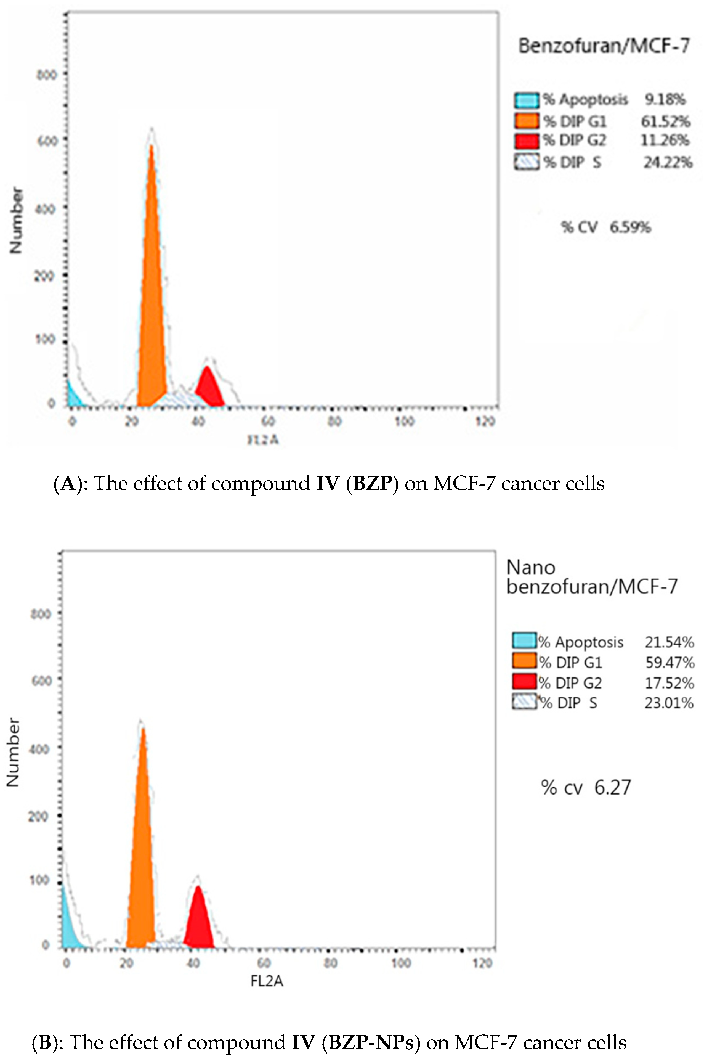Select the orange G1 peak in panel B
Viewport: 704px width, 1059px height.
pyautogui.click(x=141, y=853)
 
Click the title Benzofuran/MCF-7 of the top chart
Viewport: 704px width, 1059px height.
pyautogui.click(x=604, y=46)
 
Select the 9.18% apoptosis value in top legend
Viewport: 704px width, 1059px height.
pyautogui.click(x=665, y=99)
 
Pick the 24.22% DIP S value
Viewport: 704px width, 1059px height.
pyautogui.click(x=668, y=162)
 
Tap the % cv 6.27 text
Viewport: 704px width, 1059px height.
pyautogui.click(x=585, y=788)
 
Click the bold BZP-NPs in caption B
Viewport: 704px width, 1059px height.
pyautogui.click(x=371, y=1042)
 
